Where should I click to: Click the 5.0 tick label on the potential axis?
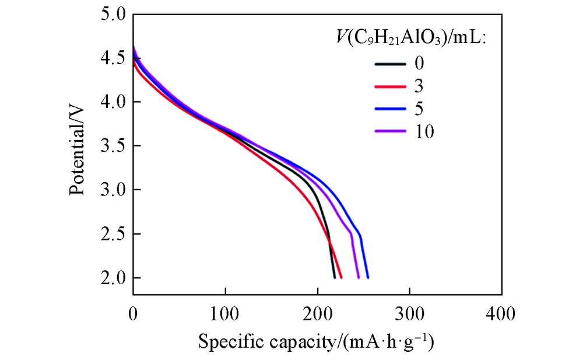[x=113, y=15]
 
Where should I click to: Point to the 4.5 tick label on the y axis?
[x=113, y=58]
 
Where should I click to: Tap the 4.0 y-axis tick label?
[x=113, y=102]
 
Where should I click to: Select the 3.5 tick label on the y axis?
[x=113, y=146]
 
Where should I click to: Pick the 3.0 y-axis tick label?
[x=113, y=190]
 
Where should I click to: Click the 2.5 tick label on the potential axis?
[x=113, y=234]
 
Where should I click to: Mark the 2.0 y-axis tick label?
[x=113, y=278]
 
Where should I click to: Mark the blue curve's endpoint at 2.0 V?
[x=368, y=277]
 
